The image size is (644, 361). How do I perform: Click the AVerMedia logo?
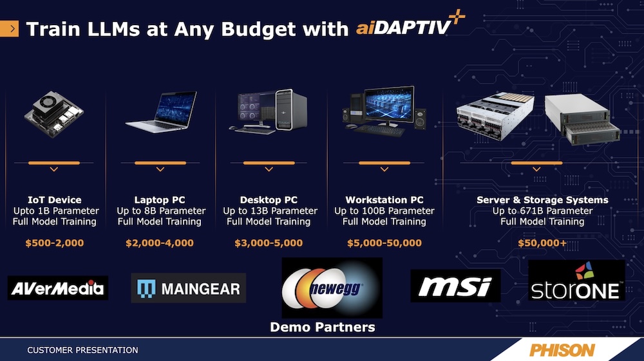click(58, 288)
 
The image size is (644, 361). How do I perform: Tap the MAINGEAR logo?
click(189, 288)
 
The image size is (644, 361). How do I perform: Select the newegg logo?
click(332, 288)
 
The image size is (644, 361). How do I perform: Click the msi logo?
click(455, 286)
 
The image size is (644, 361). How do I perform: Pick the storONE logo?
click(576, 280)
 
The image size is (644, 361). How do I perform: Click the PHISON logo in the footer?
click(562, 350)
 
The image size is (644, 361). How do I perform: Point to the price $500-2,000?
click(55, 243)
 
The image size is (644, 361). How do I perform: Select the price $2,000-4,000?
click(160, 243)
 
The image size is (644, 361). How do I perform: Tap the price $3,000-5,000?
click(269, 243)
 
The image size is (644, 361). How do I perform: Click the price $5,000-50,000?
click(384, 243)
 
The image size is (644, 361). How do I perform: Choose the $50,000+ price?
click(542, 243)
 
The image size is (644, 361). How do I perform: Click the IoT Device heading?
click(55, 199)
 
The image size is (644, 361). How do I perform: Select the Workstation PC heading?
click(384, 199)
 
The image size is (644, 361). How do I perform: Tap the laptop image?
click(161, 111)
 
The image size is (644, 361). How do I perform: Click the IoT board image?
click(54, 114)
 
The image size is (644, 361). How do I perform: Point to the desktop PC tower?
click(291, 110)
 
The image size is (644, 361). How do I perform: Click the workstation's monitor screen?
click(388, 105)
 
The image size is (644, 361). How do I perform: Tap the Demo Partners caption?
click(323, 327)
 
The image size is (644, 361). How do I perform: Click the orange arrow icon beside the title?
click(10, 29)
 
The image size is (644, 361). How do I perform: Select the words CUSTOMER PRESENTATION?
click(82, 350)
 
